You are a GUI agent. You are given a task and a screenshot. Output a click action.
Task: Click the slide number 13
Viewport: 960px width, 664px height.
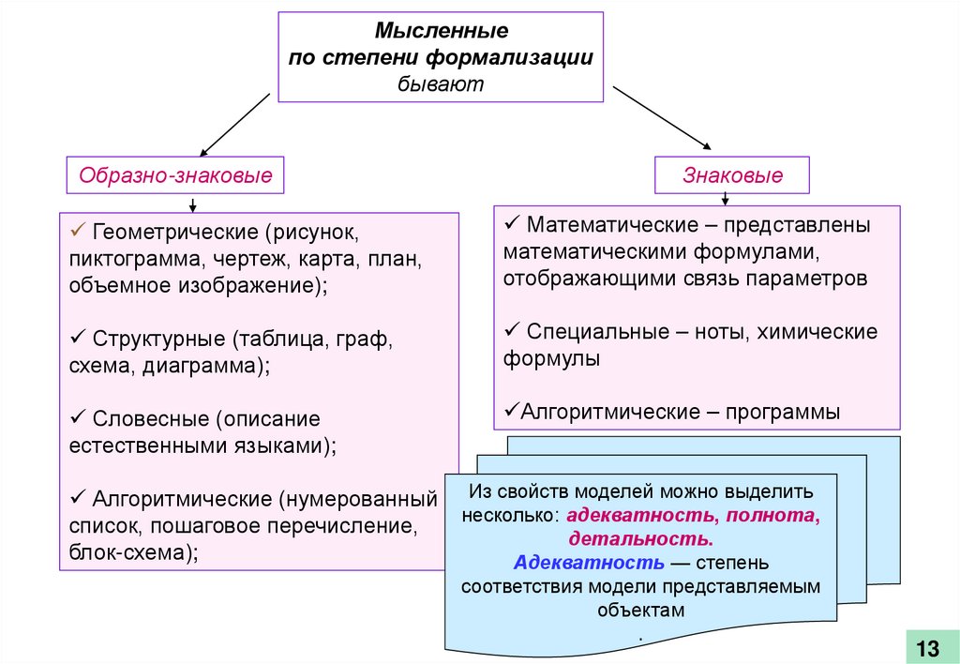pyautogui.click(x=926, y=647)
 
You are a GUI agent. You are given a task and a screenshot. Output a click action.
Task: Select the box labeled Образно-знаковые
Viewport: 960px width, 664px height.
pyautogui.click(x=175, y=174)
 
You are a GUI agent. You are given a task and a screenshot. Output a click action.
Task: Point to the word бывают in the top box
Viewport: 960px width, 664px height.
pyautogui.click(x=441, y=83)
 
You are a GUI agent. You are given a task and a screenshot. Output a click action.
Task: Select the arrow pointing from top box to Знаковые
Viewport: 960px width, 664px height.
pyautogui.click(x=662, y=118)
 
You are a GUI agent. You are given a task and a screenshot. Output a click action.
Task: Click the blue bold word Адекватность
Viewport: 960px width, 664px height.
pyautogui.click(x=590, y=563)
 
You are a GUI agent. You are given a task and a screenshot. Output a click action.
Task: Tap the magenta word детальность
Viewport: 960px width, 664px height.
pyautogui.click(x=639, y=539)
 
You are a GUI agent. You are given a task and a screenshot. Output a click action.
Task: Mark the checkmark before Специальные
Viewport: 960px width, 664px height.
pyautogui.click(x=512, y=331)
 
